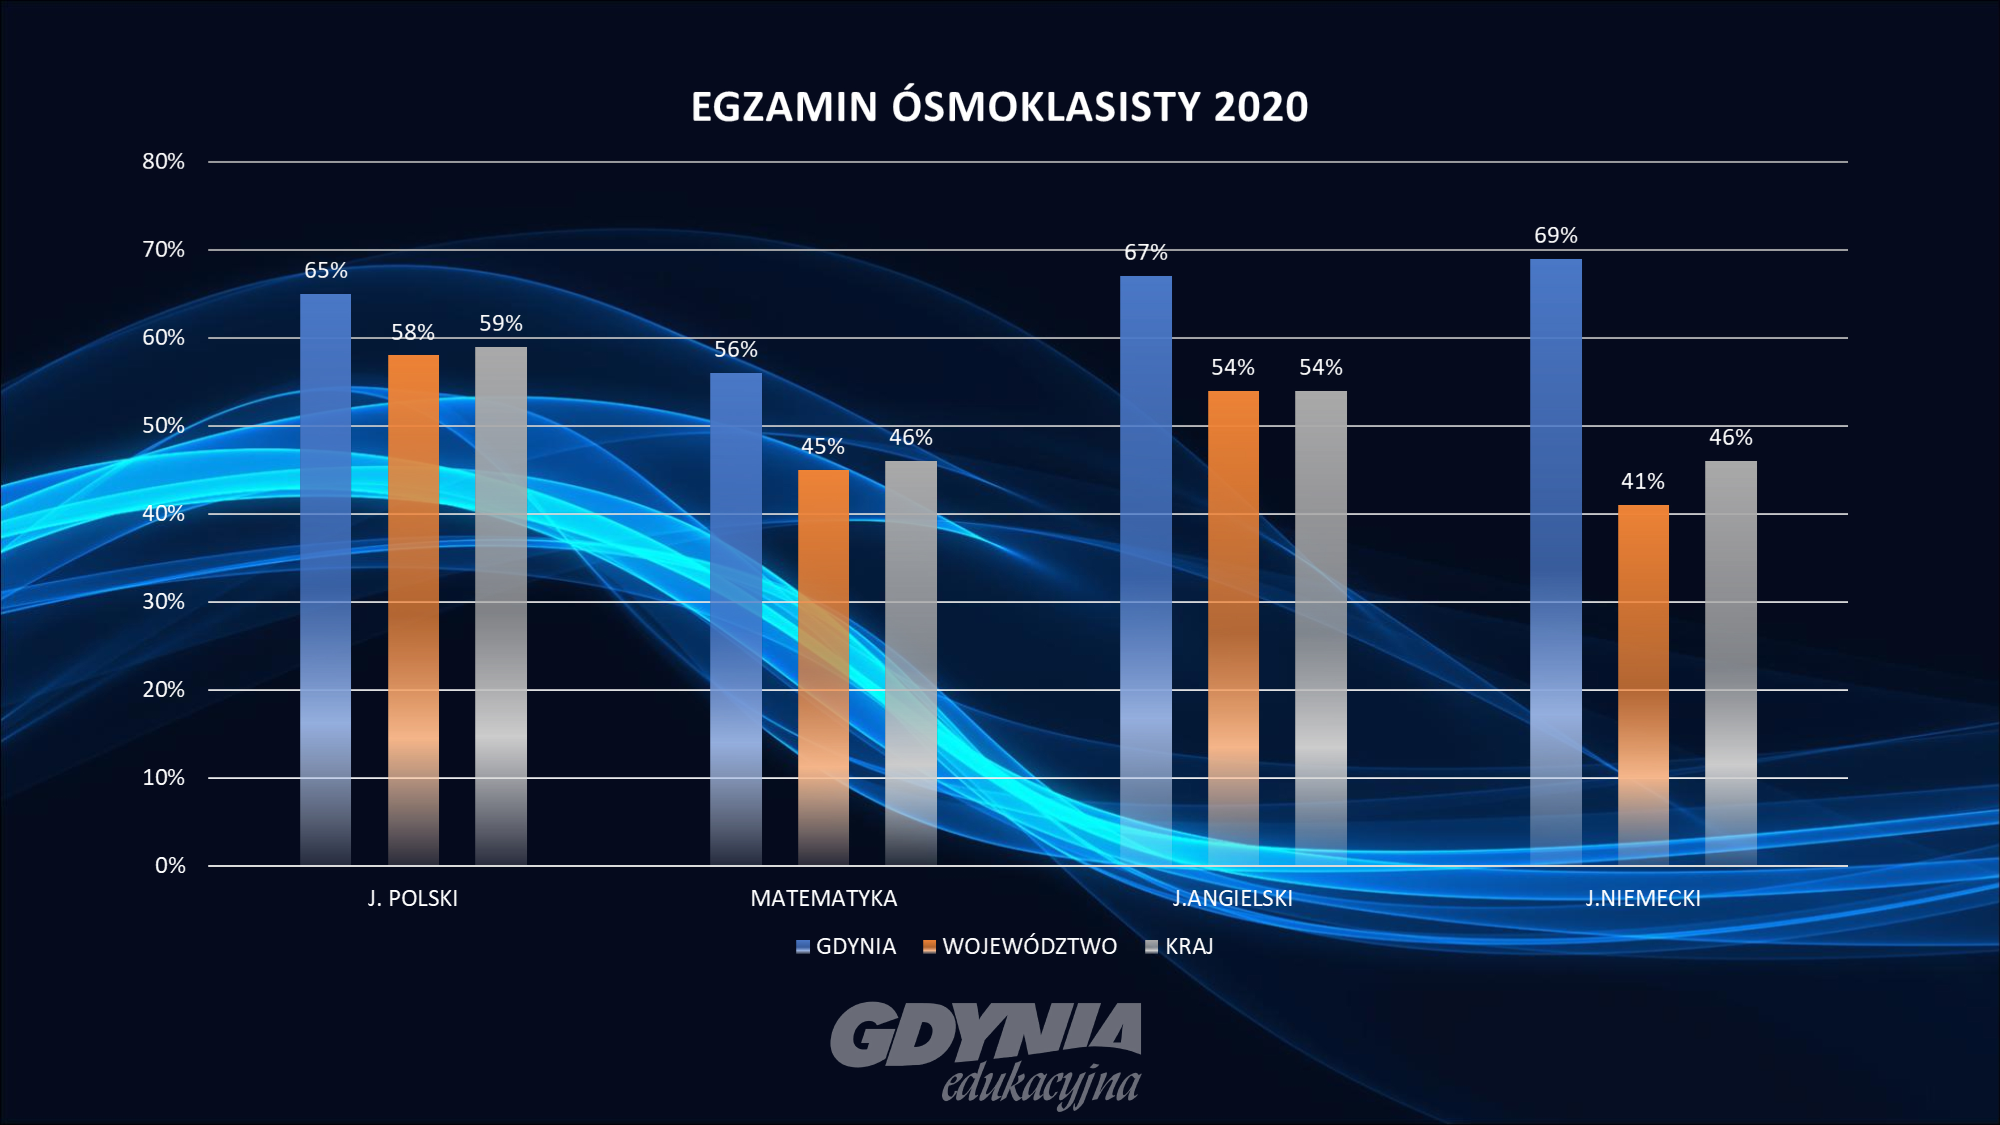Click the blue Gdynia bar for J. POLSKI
point(325,578)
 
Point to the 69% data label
point(1555,235)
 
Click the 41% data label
point(1642,481)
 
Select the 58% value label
point(412,332)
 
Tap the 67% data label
point(1145,252)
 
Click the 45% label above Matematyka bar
point(822,446)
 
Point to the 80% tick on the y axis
point(163,161)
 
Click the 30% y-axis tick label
point(163,601)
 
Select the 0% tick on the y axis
point(170,865)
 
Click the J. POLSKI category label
point(412,898)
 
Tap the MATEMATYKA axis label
point(823,898)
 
